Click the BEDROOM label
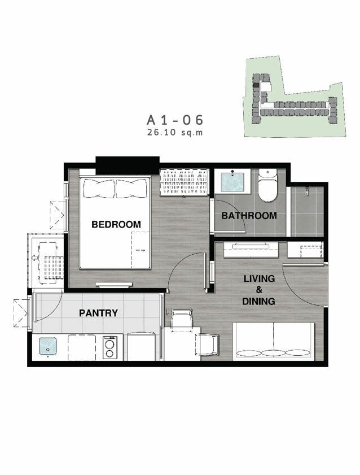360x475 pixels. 116,224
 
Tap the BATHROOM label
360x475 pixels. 249,216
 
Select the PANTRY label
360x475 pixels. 98,313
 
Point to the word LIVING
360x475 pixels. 259,278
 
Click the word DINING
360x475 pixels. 258,301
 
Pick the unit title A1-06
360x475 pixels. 175,120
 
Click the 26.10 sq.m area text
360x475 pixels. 175,132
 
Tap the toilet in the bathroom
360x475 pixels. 267,186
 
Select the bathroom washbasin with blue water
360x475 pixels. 232,182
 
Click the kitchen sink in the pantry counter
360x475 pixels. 48,346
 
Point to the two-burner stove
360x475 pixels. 110,347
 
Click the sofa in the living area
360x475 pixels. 274,341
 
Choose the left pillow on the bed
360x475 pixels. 99,188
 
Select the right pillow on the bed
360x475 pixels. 132,188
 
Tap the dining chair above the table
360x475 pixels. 181,318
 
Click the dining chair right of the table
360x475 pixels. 208,345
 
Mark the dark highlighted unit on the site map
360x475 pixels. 256,85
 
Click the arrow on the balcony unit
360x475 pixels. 34,258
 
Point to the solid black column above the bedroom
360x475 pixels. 128,165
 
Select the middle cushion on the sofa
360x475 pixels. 273,353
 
